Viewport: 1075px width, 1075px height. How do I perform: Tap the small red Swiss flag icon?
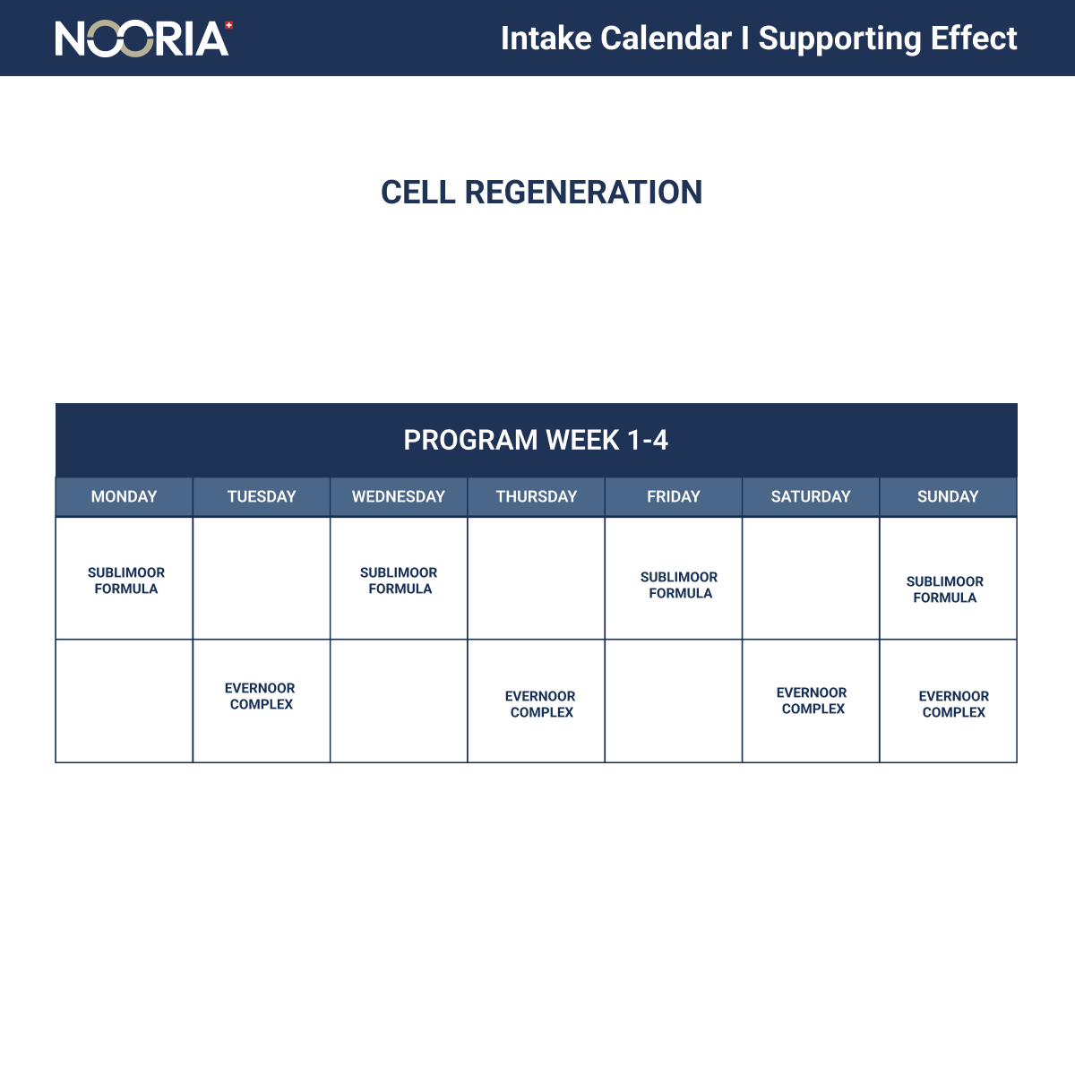pos(228,25)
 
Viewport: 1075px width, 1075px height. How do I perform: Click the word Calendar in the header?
pos(666,39)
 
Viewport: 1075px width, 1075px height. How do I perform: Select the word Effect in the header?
pos(974,39)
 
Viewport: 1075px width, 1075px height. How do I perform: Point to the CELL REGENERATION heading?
pos(541,193)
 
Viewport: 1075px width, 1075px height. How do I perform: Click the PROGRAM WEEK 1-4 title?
pos(536,440)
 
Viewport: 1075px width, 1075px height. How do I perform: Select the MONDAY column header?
pos(124,496)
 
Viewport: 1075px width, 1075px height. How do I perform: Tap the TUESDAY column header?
pos(262,496)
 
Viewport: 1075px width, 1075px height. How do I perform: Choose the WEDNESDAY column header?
pos(399,496)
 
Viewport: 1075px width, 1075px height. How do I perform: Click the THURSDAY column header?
pos(536,496)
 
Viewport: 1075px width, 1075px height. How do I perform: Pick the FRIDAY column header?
pos(674,496)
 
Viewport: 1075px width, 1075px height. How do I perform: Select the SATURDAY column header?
pos(811,496)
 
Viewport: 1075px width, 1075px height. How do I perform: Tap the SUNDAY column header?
pos(948,496)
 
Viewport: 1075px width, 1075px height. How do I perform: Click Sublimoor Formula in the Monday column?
pos(126,580)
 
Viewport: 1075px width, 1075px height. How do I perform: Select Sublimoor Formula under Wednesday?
pos(399,580)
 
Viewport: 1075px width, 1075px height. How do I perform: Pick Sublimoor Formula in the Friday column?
pos(679,585)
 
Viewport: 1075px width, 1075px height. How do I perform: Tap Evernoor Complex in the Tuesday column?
pos(260,696)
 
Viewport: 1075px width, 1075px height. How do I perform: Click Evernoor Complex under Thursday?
pos(540,704)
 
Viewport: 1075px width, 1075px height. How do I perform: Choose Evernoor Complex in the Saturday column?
pos(812,701)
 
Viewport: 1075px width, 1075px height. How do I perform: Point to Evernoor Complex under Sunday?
pos(954,704)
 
